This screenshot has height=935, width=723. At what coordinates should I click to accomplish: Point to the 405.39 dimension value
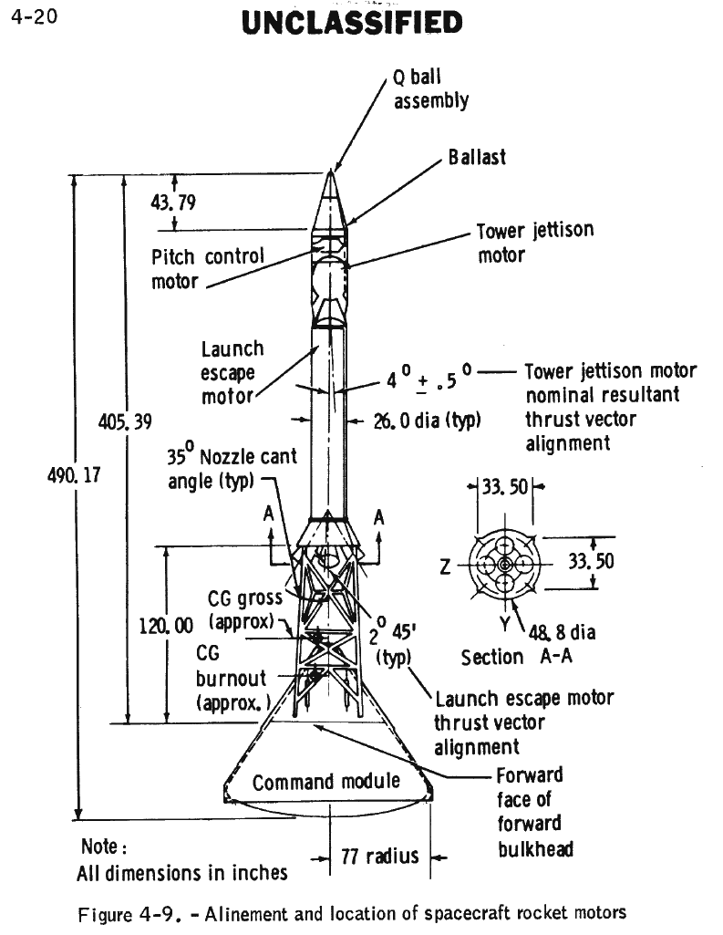tap(124, 421)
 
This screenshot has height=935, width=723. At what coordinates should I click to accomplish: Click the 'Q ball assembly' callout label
tap(430, 89)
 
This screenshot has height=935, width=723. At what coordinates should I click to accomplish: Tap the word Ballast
tap(477, 157)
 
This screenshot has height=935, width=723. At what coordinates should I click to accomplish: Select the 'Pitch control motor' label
tap(207, 268)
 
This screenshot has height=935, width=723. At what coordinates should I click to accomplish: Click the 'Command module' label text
tap(326, 782)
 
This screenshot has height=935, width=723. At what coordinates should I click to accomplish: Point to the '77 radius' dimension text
tap(379, 856)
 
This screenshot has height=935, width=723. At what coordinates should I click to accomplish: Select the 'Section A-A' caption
tap(504, 657)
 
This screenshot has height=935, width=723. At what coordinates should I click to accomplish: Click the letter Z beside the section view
tap(445, 566)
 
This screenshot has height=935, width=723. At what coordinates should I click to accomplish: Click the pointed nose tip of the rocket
tap(332, 171)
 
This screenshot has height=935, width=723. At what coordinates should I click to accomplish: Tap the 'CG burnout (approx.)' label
tap(232, 679)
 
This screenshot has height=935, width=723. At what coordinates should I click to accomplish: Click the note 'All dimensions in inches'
tap(182, 873)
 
